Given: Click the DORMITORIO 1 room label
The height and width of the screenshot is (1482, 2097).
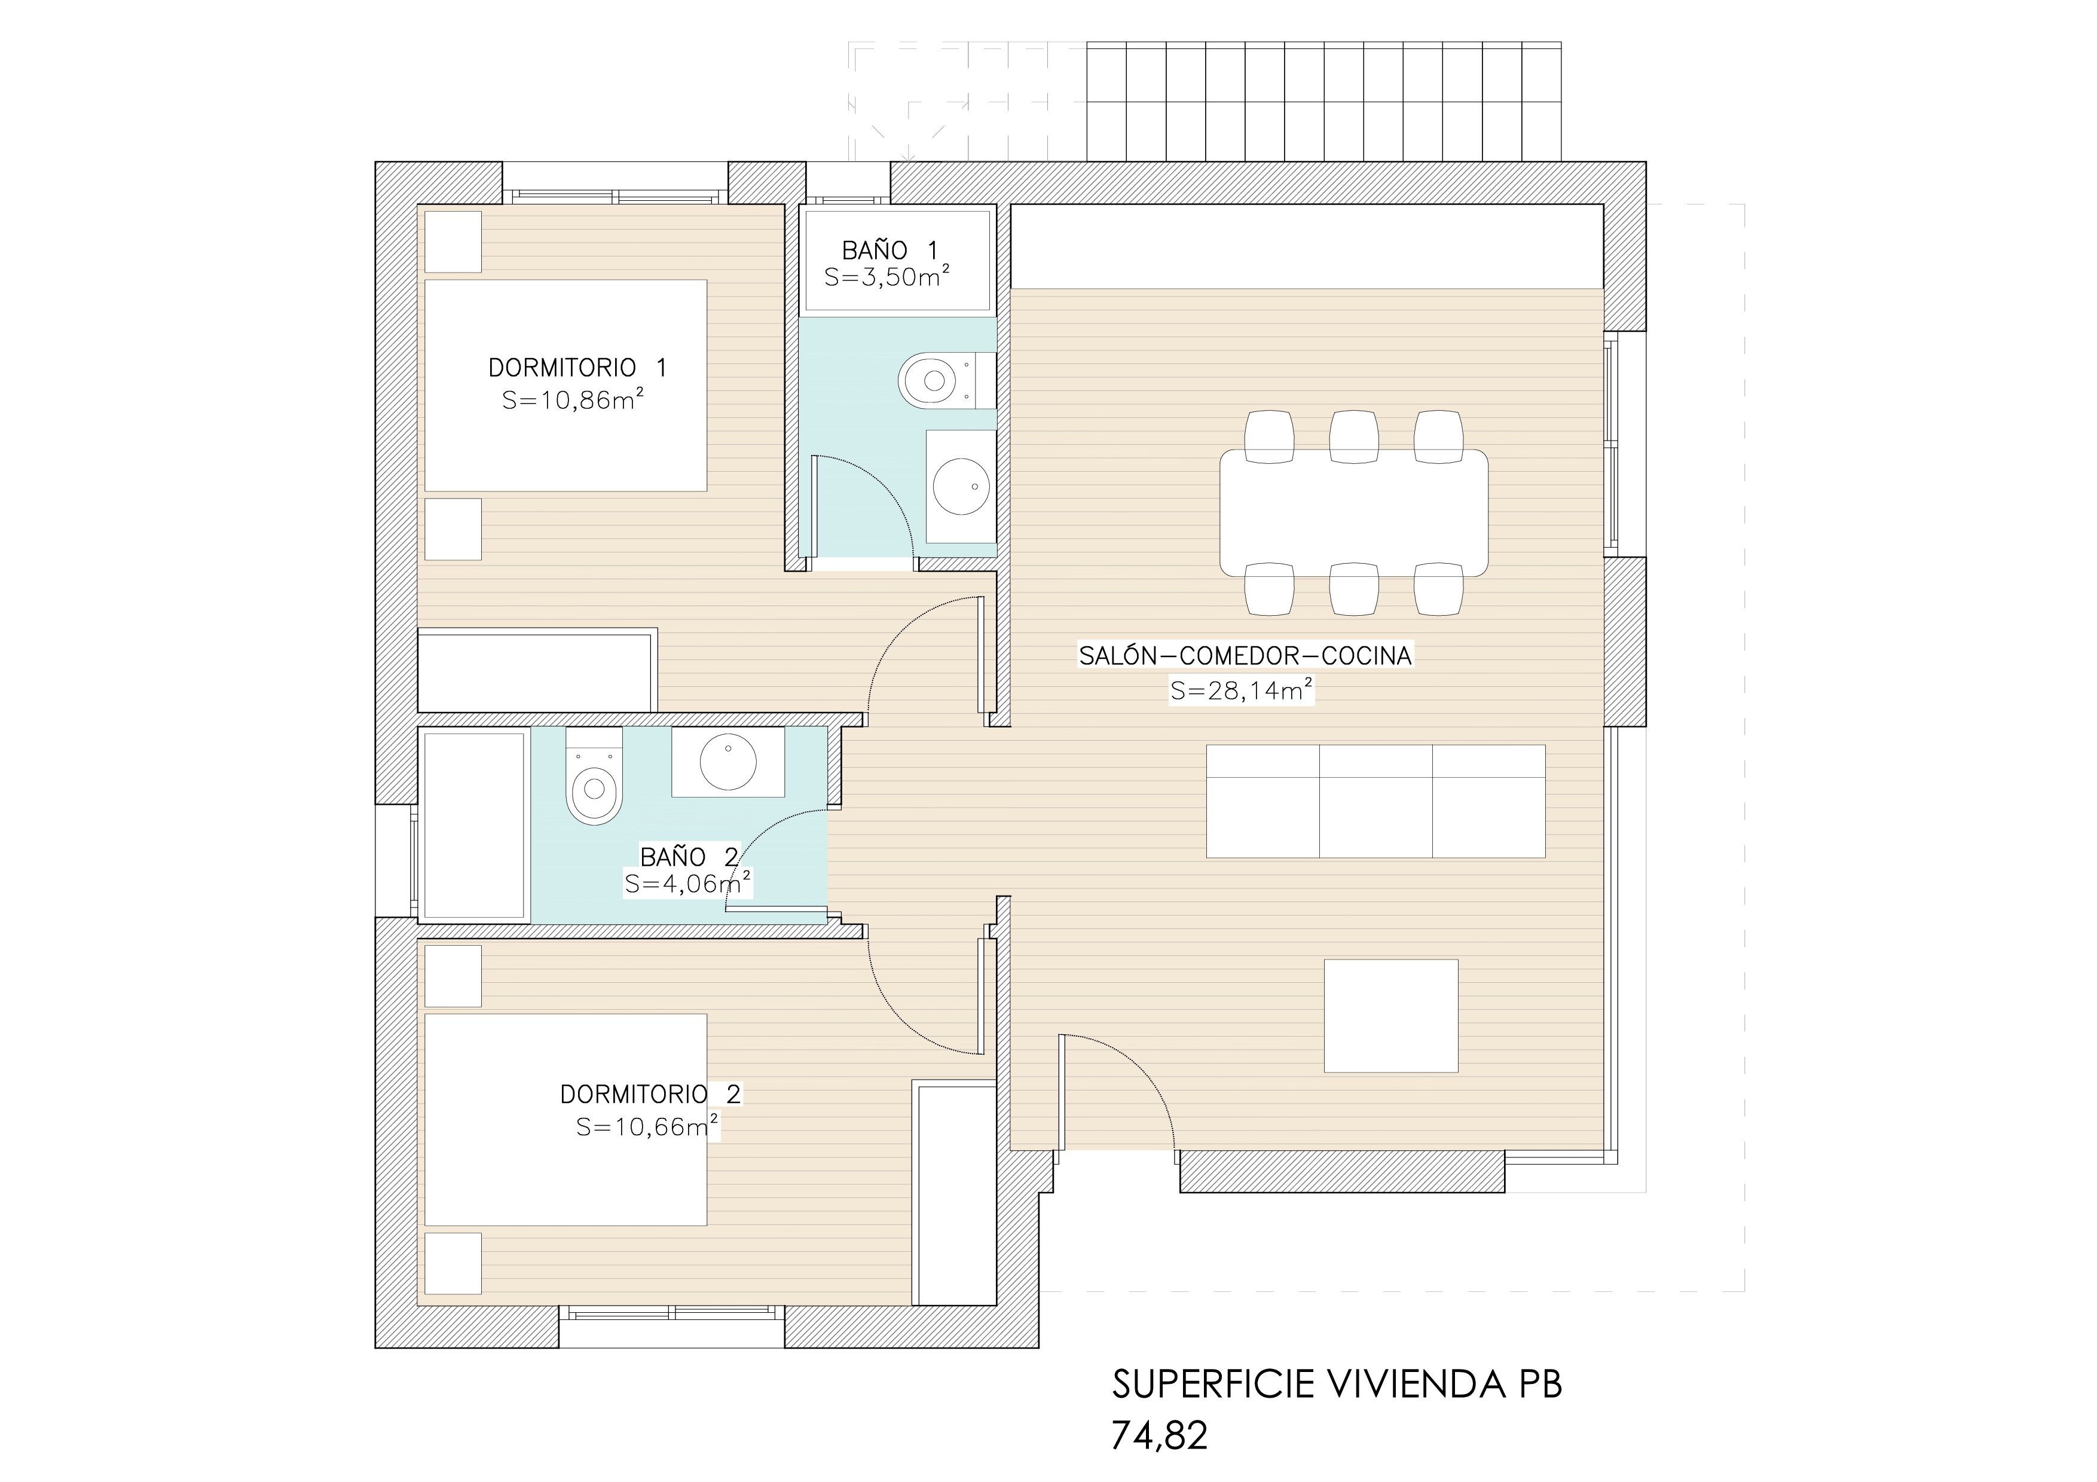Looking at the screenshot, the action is click(577, 368).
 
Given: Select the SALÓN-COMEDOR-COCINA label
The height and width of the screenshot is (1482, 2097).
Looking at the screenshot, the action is click(1246, 656).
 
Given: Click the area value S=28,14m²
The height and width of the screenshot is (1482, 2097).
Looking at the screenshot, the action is click(1242, 690).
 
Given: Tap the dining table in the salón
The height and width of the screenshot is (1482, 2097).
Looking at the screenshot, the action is click(1353, 513).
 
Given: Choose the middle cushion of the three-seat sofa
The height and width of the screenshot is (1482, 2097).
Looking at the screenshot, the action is click(1375, 802).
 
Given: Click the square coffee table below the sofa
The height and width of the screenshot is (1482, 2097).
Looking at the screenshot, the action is click(1391, 1015).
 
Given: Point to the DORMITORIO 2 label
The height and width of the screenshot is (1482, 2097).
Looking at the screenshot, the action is click(651, 1094).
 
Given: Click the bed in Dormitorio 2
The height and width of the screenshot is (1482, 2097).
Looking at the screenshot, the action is click(566, 1120).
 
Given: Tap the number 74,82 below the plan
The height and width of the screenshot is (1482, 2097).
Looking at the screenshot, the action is click(1160, 1435).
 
